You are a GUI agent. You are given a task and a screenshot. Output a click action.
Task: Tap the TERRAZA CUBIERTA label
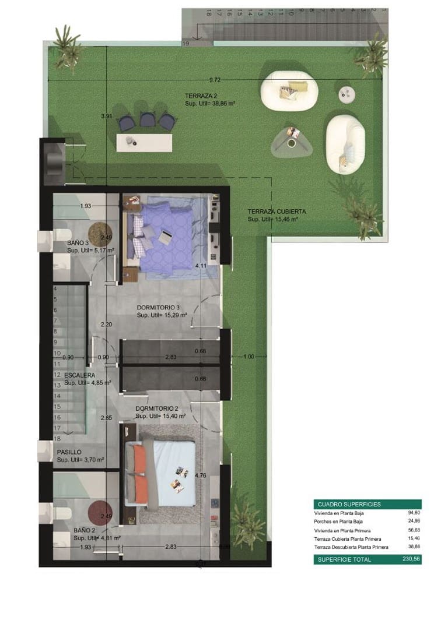pyautogui.click(x=276, y=212)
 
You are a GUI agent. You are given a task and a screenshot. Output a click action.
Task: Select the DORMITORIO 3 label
pyautogui.click(x=159, y=307)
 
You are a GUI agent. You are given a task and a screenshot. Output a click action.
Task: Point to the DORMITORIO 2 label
pyautogui.click(x=157, y=408)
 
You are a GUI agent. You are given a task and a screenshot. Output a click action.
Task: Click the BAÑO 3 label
pyautogui.click(x=78, y=243)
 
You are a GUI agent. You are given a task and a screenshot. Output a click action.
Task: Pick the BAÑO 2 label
pyautogui.click(x=85, y=530)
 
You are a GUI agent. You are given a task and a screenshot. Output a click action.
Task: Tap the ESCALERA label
pyautogui.click(x=80, y=375)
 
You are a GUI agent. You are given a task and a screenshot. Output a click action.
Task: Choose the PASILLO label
pyautogui.click(x=69, y=452)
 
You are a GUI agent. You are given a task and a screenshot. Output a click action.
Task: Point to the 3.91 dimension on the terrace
pyautogui.click(x=106, y=116)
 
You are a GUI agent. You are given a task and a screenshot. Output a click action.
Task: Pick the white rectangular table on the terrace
pyautogui.click(x=144, y=142)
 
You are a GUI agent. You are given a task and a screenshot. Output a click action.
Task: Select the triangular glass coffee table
pyautogui.click(x=292, y=141)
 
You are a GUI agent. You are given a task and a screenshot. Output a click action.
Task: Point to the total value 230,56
pyautogui.click(x=411, y=559)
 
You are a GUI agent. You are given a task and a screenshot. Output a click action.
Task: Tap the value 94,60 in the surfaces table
pyautogui.click(x=413, y=513)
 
